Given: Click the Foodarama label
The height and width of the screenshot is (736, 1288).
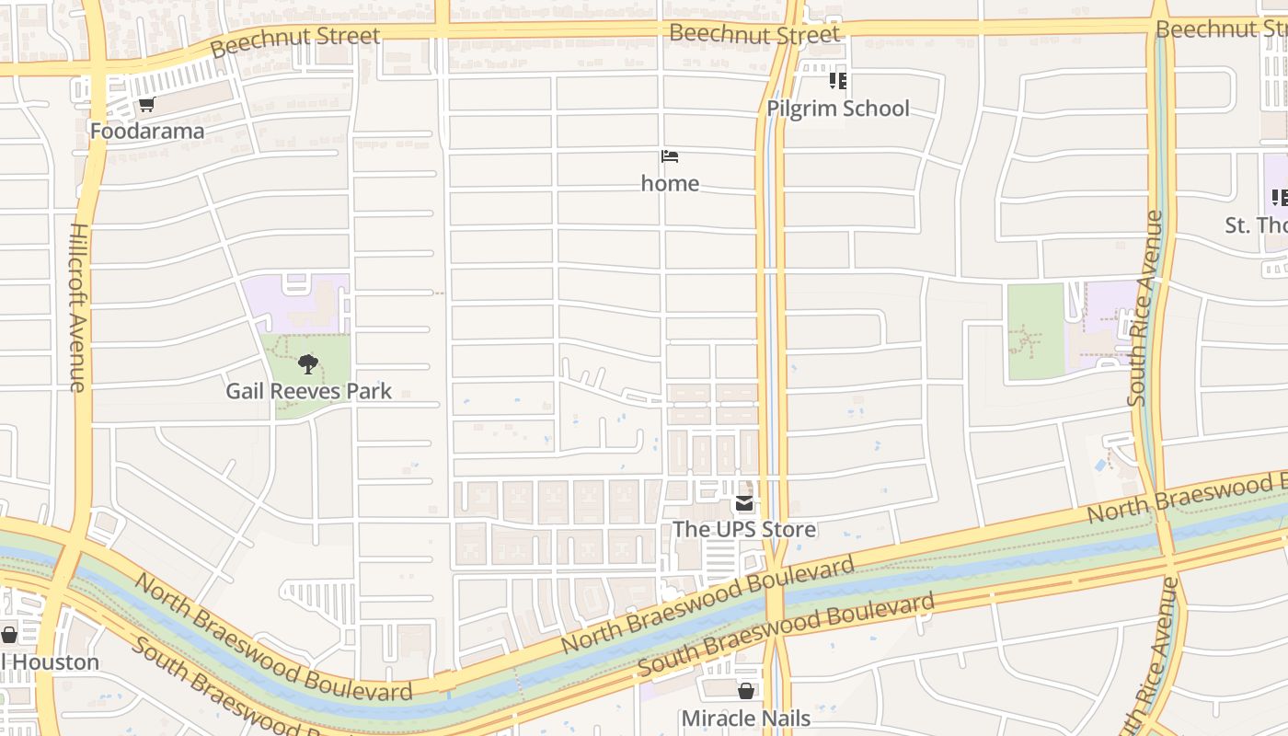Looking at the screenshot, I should coord(146,132).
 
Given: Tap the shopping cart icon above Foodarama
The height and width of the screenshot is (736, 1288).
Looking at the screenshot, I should coord(146,104).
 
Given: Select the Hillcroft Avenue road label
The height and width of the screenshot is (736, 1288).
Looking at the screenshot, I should coord(78,307).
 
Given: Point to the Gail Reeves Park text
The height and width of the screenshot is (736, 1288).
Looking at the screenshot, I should coord(308,391).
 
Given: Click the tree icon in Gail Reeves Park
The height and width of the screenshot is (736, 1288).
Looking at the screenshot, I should coord(308,364).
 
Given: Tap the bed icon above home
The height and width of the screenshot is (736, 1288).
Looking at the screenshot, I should coord(670,156).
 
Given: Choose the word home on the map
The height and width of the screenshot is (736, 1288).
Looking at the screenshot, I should coord(670,183).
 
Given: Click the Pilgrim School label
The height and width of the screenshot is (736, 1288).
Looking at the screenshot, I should coord(837,109).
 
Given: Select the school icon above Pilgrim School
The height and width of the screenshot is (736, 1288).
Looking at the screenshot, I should coord(837,81).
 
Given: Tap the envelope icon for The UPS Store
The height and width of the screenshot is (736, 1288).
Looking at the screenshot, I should coord(743,503).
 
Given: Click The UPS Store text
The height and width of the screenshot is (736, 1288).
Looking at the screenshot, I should coord(743,530).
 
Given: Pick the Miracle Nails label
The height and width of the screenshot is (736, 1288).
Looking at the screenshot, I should coord(745,718).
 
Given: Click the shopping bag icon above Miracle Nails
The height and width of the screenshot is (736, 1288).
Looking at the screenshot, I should coord(746,690).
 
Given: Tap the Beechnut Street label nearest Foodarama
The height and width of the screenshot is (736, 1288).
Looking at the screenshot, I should coord(294,41).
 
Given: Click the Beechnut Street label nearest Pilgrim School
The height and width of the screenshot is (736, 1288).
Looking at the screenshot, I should coord(753,34).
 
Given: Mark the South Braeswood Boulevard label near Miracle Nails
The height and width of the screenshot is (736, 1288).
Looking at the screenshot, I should coord(786,636).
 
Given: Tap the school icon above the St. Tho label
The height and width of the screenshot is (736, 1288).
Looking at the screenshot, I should coord(1278,197).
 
